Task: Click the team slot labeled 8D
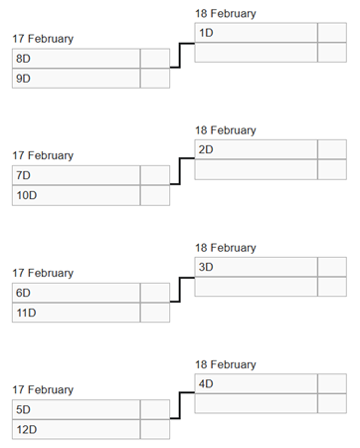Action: pos(76,59)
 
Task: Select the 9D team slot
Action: pos(76,79)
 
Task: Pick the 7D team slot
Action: pos(76,175)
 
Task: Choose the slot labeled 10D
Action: pos(76,195)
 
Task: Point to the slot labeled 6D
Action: pos(76,293)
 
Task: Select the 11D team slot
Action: pos(76,313)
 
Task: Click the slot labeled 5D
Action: pos(76,409)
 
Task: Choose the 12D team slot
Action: pos(76,429)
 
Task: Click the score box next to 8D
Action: pos(155,59)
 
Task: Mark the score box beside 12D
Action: pos(155,429)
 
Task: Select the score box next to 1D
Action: pos(332,33)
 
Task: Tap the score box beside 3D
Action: pos(332,267)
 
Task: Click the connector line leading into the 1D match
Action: pos(177,56)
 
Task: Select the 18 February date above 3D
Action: pos(225,248)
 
